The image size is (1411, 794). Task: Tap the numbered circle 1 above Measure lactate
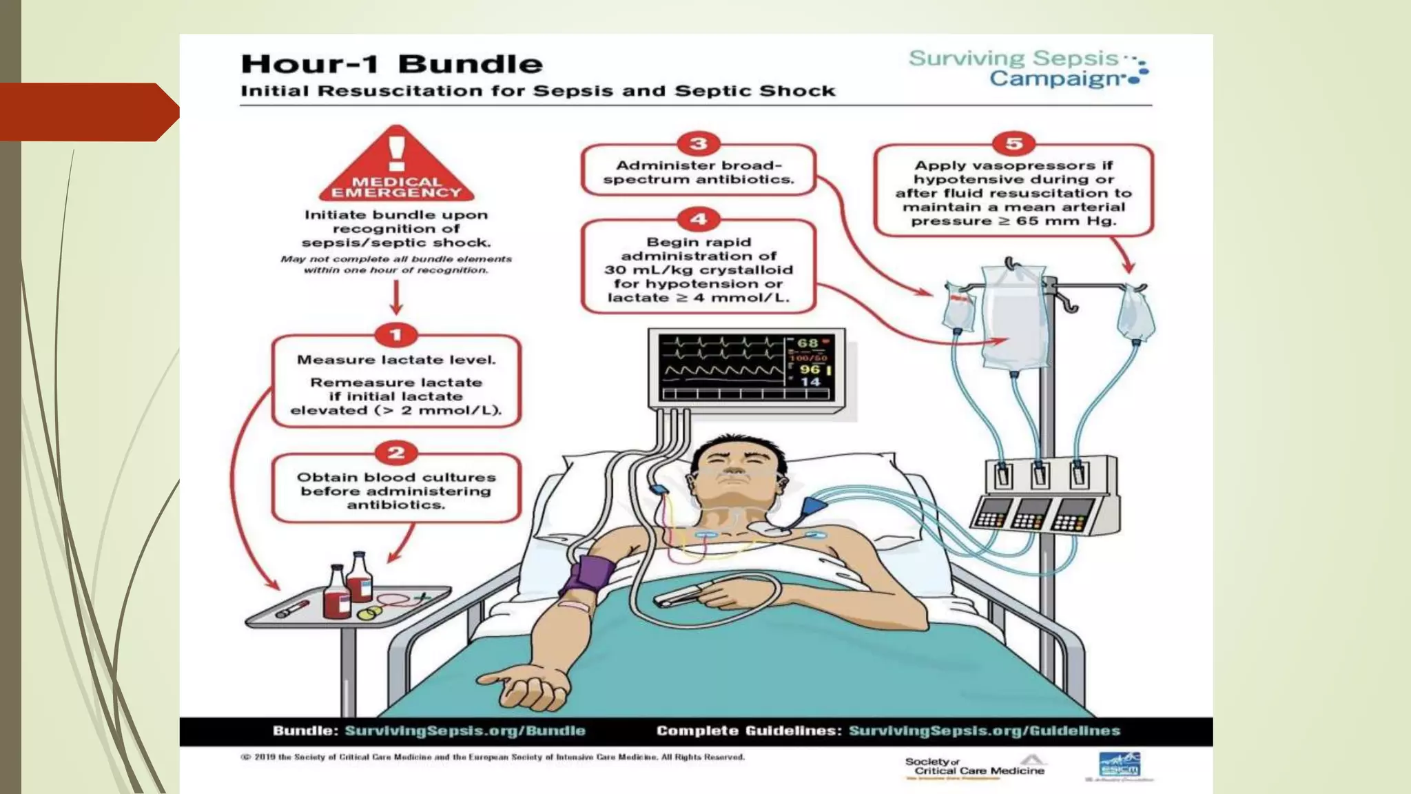click(x=395, y=335)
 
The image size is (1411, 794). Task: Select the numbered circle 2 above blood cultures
click(x=395, y=453)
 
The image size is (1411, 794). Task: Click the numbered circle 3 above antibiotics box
click(x=698, y=143)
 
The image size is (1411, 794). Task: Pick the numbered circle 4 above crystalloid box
click(x=698, y=219)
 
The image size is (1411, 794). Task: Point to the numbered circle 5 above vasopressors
click(x=1013, y=143)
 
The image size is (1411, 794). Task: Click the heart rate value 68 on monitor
click(x=807, y=343)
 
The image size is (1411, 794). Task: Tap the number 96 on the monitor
click(x=810, y=369)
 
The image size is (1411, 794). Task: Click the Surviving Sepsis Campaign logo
click(x=1027, y=68)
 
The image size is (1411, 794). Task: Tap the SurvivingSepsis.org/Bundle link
click(x=464, y=731)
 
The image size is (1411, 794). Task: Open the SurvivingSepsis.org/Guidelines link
click(x=984, y=731)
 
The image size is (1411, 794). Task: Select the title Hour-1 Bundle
click(x=391, y=64)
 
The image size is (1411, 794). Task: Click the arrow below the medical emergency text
click(x=396, y=298)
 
